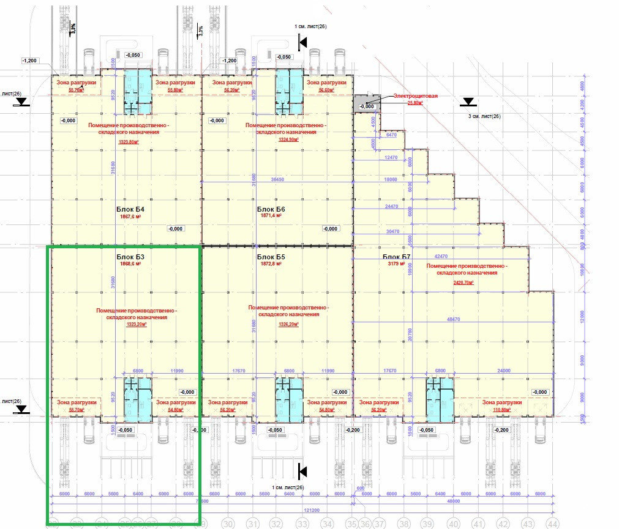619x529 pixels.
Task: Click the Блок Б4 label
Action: tap(130, 209)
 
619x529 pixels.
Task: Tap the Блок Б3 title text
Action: tap(130, 257)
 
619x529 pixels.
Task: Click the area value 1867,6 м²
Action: tap(130, 216)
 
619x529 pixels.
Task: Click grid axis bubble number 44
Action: tap(553, 523)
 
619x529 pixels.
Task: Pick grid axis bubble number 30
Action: tap(228, 523)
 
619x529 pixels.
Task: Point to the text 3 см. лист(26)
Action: tap(484, 116)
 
